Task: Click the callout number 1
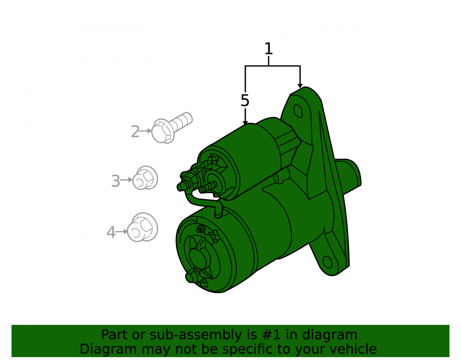tap(268, 49)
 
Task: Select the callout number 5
tap(245, 101)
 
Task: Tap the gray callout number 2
tap(135, 131)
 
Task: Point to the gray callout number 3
tap(116, 181)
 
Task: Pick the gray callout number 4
tap(111, 232)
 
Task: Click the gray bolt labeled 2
tap(171, 128)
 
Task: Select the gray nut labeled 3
tap(145, 178)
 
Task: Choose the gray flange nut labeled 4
tap(142, 227)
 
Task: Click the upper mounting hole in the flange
tap(298, 111)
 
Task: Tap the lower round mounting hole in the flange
tap(327, 262)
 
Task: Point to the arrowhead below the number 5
tap(245, 123)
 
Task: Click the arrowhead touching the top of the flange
tap(300, 86)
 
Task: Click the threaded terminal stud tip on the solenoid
tap(179, 187)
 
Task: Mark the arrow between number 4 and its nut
tap(121, 232)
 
